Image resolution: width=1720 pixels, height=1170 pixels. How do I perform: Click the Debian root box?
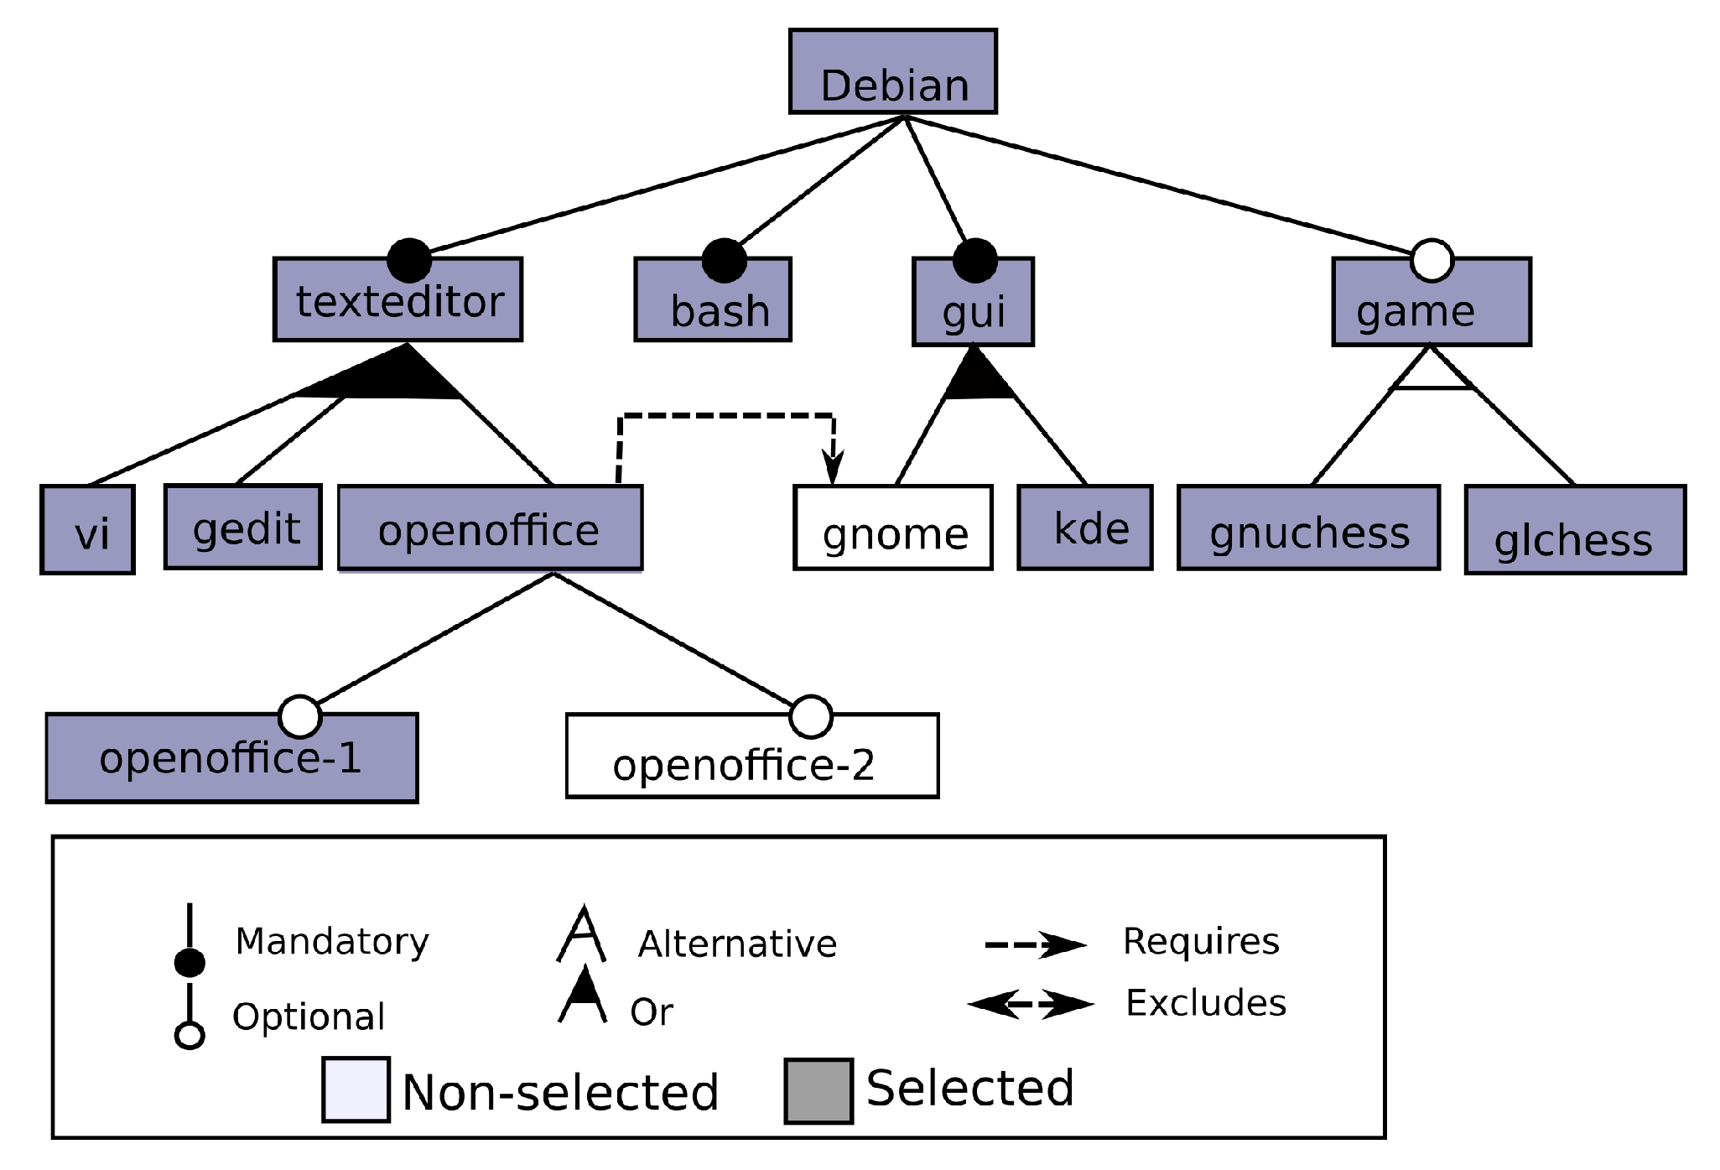click(892, 72)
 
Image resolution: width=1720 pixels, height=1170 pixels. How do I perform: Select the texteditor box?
click(398, 300)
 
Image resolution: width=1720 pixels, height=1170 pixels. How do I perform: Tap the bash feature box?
click(712, 300)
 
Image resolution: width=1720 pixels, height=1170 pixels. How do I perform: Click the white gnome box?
click(892, 528)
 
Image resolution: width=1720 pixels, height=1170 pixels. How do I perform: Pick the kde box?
click(1084, 528)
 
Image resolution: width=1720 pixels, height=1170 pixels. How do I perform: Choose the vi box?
click(87, 530)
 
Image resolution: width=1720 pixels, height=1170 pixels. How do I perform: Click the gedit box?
click(243, 527)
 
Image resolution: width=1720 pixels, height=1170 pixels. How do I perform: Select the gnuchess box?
click(1308, 528)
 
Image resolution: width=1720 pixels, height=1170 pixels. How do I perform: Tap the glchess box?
click(1574, 530)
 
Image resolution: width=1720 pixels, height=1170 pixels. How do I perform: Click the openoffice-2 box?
click(752, 757)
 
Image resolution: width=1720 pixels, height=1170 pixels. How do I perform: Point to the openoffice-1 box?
click(231, 759)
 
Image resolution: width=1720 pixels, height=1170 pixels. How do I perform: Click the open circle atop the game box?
click(1432, 260)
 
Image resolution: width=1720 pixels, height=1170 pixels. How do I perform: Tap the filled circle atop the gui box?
click(974, 260)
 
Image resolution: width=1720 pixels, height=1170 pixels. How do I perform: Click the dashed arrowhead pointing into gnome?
click(833, 466)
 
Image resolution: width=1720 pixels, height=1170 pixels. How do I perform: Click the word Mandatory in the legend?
click(332, 941)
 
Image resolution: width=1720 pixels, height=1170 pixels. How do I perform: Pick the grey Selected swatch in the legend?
click(818, 1091)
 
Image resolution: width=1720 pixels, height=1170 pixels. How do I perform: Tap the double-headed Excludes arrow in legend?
click(1031, 1004)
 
